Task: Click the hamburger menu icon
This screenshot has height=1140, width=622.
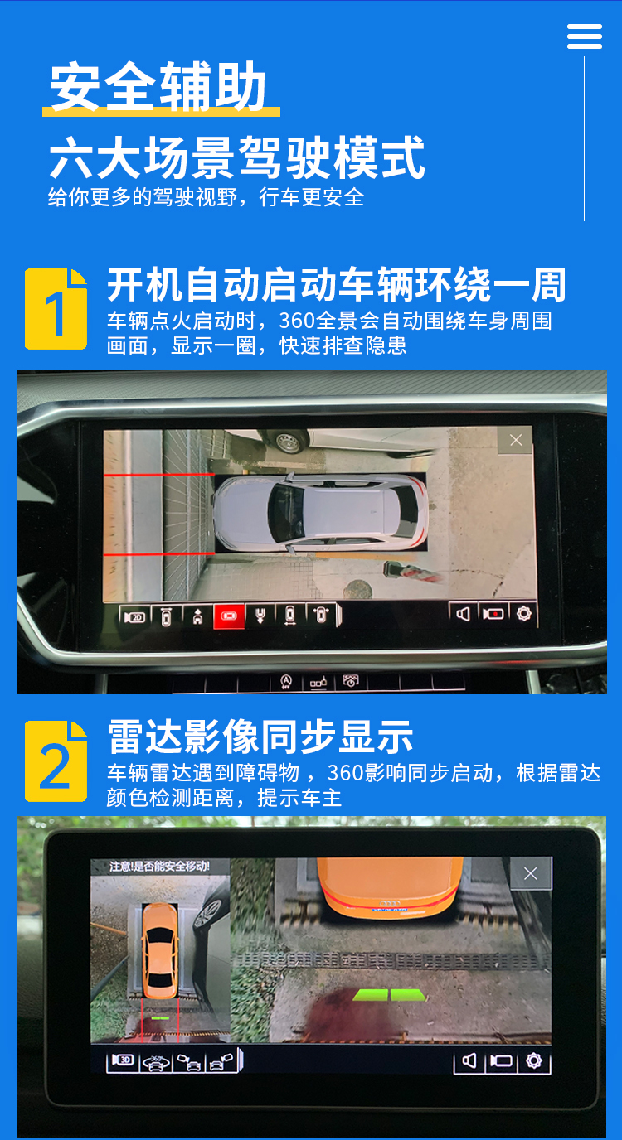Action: pyautogui.click(x=585, y=36)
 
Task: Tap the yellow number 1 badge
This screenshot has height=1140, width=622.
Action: pyautogui.click(x=56, y=309)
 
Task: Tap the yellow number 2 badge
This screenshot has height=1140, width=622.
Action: pyautogui.click(x=56, y=761)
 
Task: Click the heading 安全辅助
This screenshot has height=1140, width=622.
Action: pyautogui.click(x=158, y=86)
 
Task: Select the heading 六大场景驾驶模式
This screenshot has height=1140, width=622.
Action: pyautogui.click(x=237, y=157)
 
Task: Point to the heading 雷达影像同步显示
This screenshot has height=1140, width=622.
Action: pyautogui.click(x=260, y=737)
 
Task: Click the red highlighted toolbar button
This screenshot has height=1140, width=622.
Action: pyautogui.click(x=229, y=616)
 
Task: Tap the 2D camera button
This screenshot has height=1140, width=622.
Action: pyautogui.click(x=135, y=617)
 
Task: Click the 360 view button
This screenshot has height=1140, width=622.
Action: pyautogui.click(x=156, y=1061)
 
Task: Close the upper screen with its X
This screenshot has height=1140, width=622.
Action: pyautogui.click(x=516, y=440)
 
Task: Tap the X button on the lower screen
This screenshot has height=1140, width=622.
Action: pyautogui.click(x=530, y=874)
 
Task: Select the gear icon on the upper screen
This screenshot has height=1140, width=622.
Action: pyautogui.click(x=523, y=613)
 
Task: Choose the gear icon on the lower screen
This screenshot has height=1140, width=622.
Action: pyautogui.click(x=534, y=1061)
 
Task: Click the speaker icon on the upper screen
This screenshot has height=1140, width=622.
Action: pyautogui.click(x=463, y=614)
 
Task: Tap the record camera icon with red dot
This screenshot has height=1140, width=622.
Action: pyautogui.click(x=493, y=614)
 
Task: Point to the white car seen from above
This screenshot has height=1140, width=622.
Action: pyautogui.click(x=320, y=513)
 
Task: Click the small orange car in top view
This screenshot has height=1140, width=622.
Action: pyautogui.click(x=160, y=950)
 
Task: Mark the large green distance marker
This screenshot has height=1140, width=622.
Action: pyautogui.click(x=389, y=995)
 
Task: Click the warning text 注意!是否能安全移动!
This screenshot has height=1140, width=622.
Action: pyautogui.click(x=159, y=867)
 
